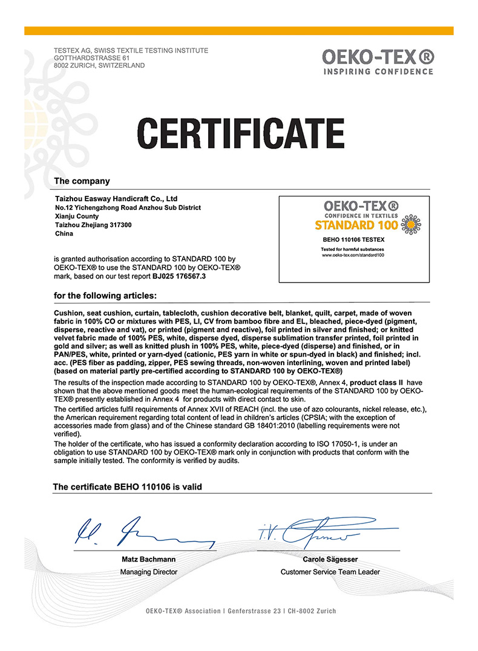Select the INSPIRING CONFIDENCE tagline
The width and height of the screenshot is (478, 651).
point(378,71)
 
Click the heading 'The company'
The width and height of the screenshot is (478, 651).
point(82,181)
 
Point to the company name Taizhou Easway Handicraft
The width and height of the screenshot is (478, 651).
point(116,198)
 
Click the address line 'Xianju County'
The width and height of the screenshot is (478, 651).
point(76,216)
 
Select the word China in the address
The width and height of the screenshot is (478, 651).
point(64,233)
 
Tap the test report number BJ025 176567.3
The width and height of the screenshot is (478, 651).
point(179,276)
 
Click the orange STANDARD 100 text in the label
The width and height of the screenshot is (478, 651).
point(357,225)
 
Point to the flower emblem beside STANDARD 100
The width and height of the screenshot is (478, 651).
point(411,224)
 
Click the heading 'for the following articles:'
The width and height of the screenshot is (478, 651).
point(105,296)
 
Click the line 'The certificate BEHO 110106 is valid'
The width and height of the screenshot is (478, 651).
point(128,487)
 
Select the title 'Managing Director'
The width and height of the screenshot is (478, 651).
point(149,572)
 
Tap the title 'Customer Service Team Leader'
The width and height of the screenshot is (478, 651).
point(330,572)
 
